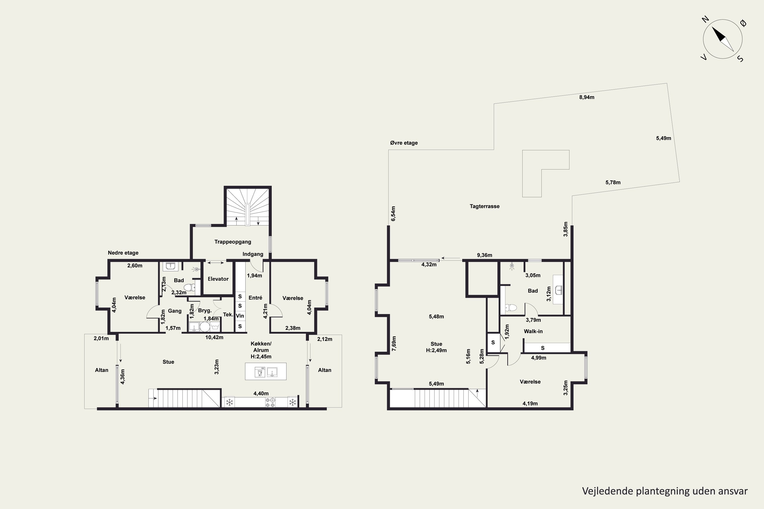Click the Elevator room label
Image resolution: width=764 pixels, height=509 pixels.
[x=218, y=279]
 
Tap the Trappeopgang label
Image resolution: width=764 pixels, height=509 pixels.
[x=233, y=242]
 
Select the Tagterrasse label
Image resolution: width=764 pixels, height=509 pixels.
[x=484, y=206]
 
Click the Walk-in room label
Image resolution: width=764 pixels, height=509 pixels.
[x=533, y=331]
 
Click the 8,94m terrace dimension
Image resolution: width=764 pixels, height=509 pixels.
[x=587, y=97]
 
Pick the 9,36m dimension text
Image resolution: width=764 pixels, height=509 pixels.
[x=484, y=255]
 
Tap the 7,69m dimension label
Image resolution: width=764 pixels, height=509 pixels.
[x=394, y=343]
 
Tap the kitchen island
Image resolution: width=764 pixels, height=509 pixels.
[x=266, y=371]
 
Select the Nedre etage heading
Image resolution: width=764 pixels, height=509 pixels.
[x=123, y=253]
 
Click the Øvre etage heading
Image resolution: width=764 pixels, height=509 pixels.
[x=404, y=143]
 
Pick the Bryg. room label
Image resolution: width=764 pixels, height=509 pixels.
[x=205, y=311]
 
